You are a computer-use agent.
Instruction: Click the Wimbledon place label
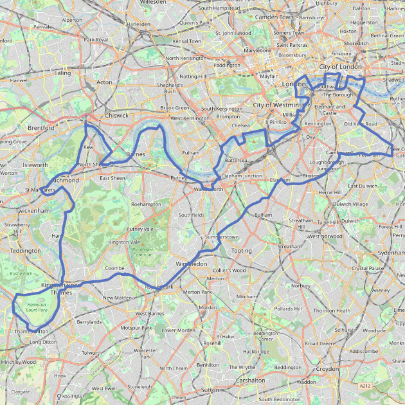(x=191, y=264)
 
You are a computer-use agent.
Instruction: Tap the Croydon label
(x=327, y=369)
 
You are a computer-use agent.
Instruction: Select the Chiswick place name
(x=117, y=116)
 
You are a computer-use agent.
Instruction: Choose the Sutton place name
(x=210, y=390)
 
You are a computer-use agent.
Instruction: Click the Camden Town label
(x=274, y=17)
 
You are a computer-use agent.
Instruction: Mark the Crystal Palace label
(x=367, y=268)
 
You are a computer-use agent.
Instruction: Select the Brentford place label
(x=41, y=128)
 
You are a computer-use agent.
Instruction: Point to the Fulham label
(x=192, y=153)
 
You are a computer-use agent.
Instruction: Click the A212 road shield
(x=365, y=386)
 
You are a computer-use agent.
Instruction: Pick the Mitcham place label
(x=246, y=296)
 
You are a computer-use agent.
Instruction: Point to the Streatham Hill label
(x=300, y=223)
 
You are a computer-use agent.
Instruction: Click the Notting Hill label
(x=193, y=76)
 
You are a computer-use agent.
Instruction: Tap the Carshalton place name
(x=250, y=381)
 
